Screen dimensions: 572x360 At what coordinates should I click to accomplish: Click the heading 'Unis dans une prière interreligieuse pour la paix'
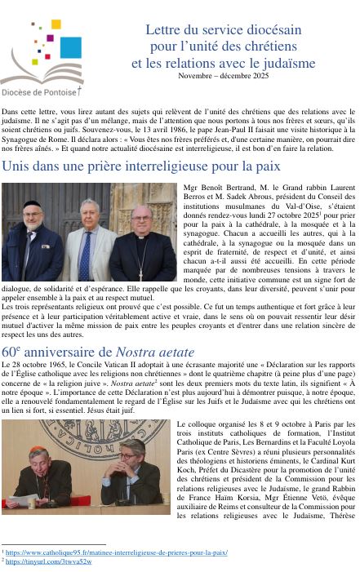(x=140, y=166)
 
